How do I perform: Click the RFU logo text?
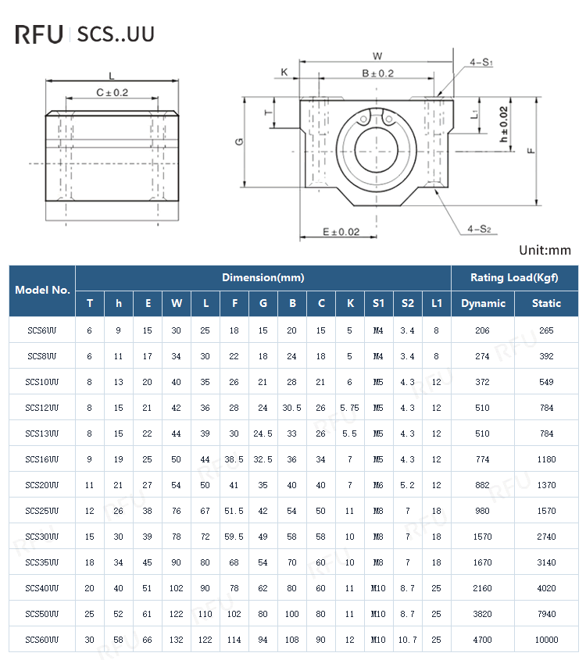coord(39,34)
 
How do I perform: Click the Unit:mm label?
coord(545,251)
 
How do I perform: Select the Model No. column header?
coord(42,290)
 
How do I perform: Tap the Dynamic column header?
coord(483,303)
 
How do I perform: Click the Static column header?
coord(546,303)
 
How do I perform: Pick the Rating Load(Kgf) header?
coord(514,277)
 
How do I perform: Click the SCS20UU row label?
coord(42,485)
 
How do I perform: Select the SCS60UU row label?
coord(42,640)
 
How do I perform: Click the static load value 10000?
coord(546,640)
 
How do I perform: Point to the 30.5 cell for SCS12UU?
coord(292,408)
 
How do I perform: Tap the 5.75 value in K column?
coord(349,408)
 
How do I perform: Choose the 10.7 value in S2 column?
coord(407,640)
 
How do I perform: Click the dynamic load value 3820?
coord(483,614)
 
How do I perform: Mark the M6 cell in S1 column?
coord(378,485)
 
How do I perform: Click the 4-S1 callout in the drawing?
coord(481,62)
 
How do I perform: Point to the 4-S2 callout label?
coord(479,229)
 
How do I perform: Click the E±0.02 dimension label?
coord(341,232)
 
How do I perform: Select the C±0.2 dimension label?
coord(112,92)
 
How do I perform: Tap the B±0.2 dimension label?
coord(377,73)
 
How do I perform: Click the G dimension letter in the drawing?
coord(240,141)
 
